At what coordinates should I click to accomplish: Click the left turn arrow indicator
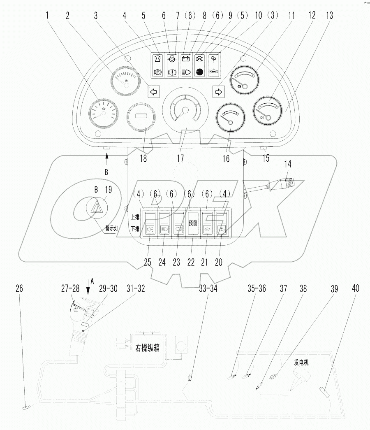click(x=153, y=92)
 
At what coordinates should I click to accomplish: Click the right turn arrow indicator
click(x=217, y=91)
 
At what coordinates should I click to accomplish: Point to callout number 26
click(x=19, y=289)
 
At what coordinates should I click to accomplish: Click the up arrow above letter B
click(x=107, y=155)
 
